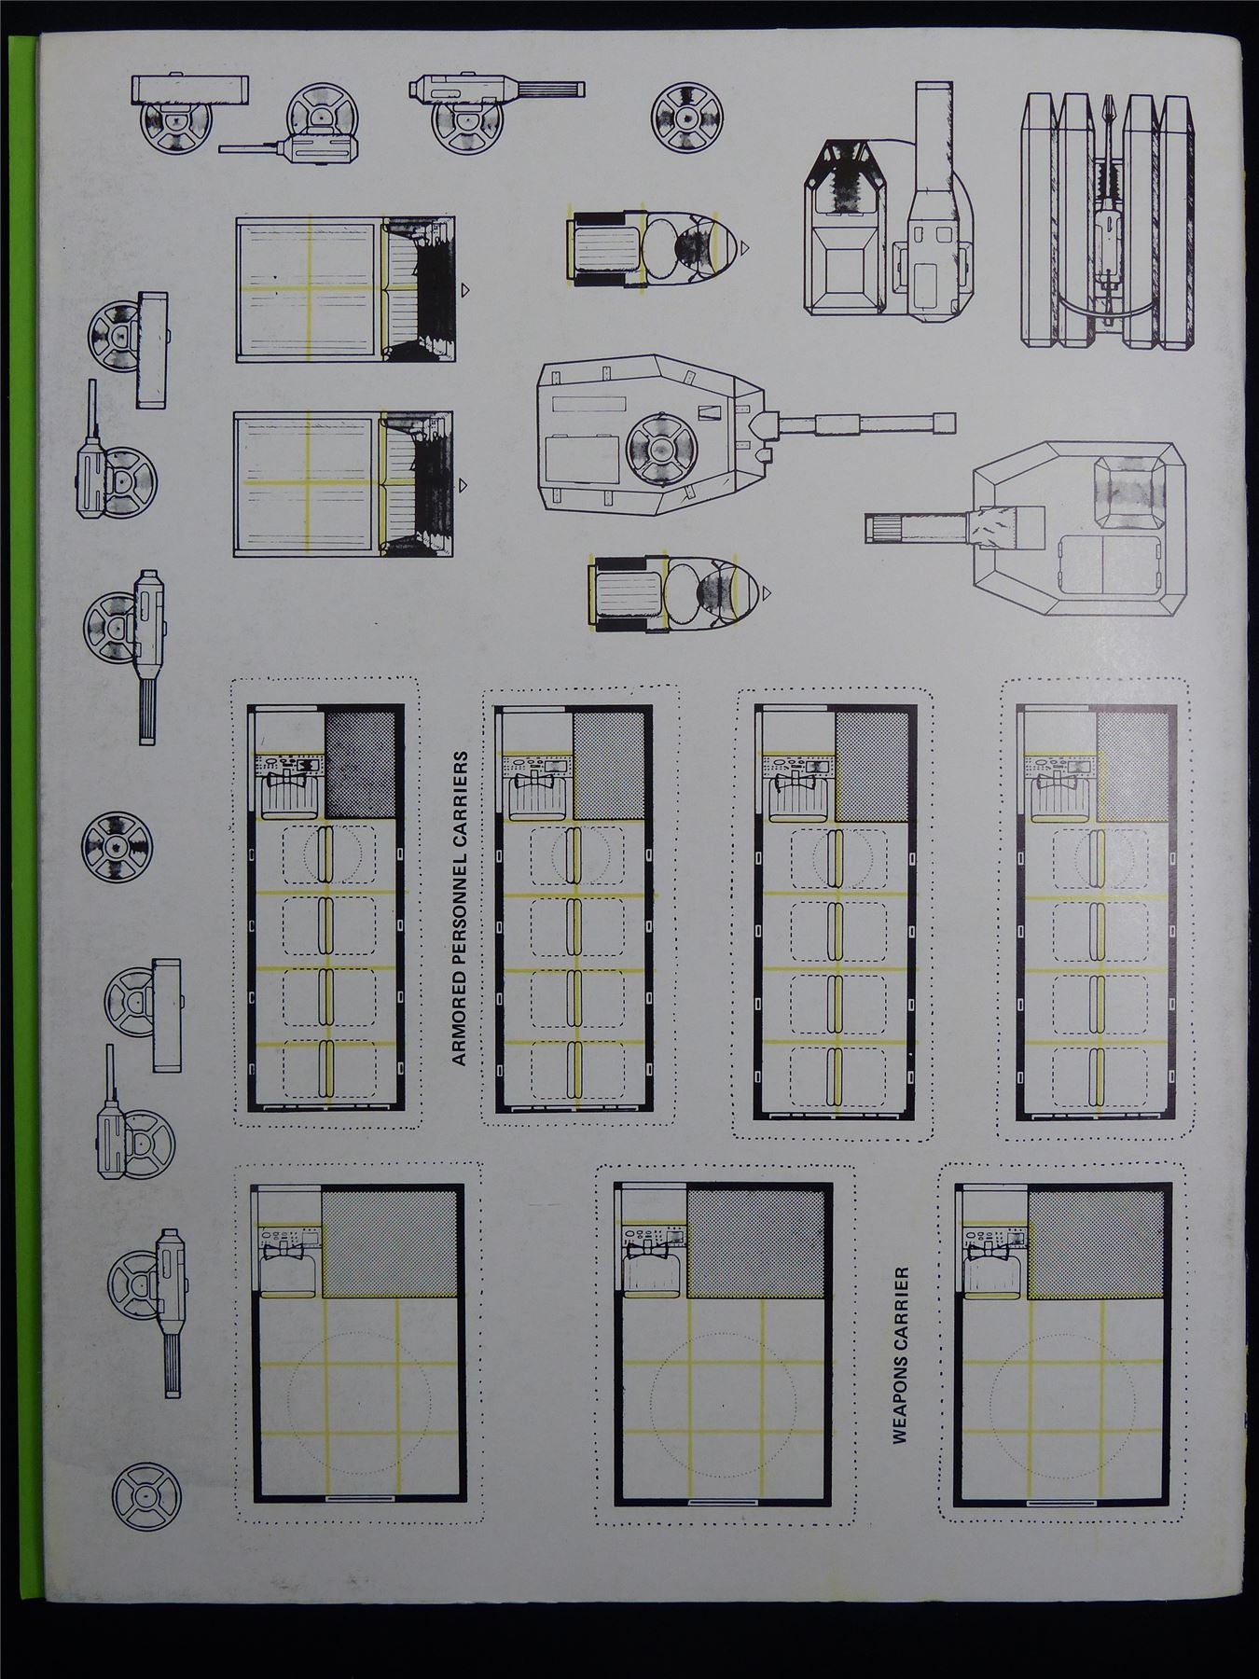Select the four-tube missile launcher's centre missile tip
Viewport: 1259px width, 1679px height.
[x=1109, y=108]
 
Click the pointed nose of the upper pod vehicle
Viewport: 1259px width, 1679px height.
[x=744, y=248]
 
